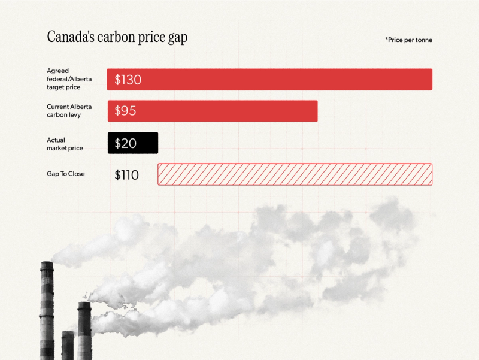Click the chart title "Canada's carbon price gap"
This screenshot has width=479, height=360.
[x=117, y=37]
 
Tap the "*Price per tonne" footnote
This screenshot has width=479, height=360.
[x=408, y=40]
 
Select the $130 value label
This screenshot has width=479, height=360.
[x=128, y=80]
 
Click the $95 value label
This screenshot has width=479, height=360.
[x=125, y=111]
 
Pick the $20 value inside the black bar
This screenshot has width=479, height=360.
[x=125, y=143]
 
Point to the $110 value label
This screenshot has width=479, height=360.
[x=126, y=175]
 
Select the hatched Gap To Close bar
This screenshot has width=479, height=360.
[x=295, y=174]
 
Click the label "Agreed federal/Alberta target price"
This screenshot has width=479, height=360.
[x=69, y=79]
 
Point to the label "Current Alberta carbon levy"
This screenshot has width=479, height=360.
[x=69, y=111]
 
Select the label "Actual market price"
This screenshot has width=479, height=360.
[x=65, y=144]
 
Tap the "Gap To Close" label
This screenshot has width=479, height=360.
[x=66, y=174]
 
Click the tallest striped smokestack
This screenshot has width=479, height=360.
[x=47, y=311]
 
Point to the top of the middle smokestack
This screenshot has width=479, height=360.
[x=84, y=305]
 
